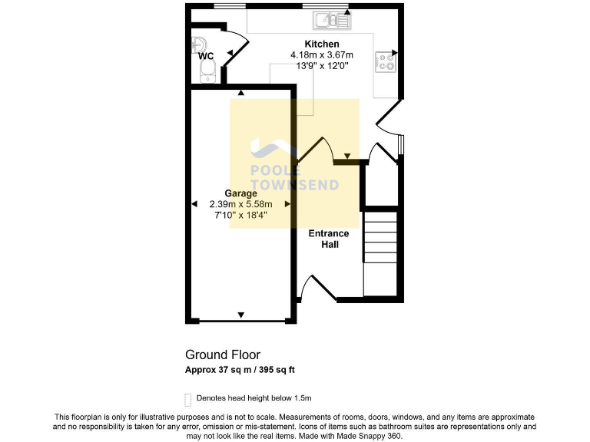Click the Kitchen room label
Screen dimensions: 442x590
click(321, 44)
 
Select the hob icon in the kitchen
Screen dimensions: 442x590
click(385, 61)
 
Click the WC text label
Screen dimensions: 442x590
click(206, 56)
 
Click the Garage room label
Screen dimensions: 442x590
click(240, 193)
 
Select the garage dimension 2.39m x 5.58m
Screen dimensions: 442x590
click(240, 204)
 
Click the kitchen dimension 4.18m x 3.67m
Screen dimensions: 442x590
click(321, 55)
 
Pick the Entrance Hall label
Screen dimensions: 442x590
click(329, 239)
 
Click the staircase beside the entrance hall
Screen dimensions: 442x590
click(380, 254)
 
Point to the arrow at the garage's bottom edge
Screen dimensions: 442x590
click(241, 315)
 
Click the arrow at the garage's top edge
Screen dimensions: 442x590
click(241, 94)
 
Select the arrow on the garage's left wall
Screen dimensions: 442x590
click(194, 204)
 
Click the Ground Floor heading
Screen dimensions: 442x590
click(223, 355)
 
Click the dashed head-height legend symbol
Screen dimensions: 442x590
click(188, 399)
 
